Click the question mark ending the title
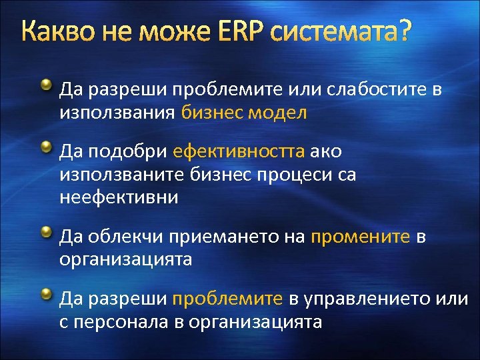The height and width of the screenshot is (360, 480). [404, 32]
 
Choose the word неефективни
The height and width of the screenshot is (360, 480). [119, 197]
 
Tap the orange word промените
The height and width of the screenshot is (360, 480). [361, 236]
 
